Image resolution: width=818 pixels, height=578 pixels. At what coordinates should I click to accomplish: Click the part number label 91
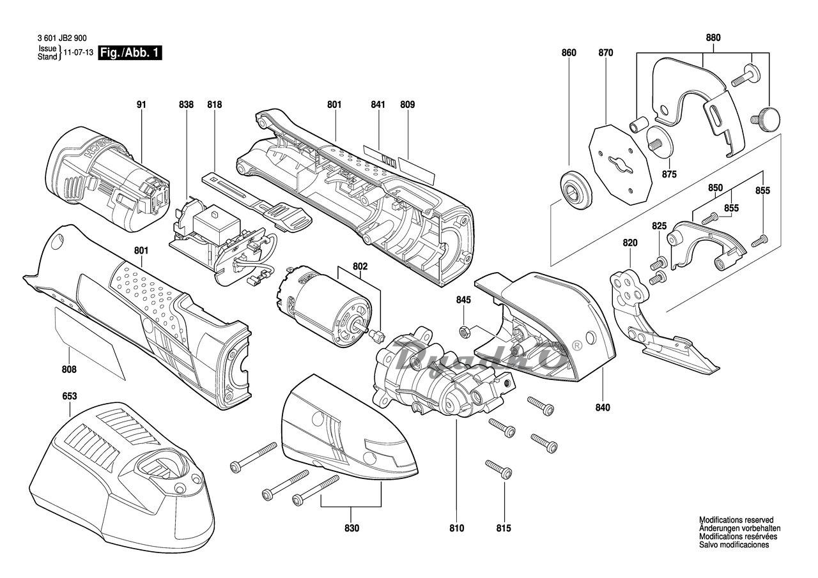(141, 104)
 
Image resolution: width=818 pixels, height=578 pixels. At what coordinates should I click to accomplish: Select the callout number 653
(70, 397)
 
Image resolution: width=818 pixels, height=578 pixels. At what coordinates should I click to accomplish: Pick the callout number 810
(456, 528)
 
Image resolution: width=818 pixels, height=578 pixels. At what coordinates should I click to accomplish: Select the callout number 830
(351, 528)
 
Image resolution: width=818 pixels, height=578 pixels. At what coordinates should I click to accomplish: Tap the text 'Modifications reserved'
(736, 521)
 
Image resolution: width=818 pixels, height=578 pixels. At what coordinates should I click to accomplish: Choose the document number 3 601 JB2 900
(58, 38)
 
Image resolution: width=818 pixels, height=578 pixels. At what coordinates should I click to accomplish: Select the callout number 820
(630, 243)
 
